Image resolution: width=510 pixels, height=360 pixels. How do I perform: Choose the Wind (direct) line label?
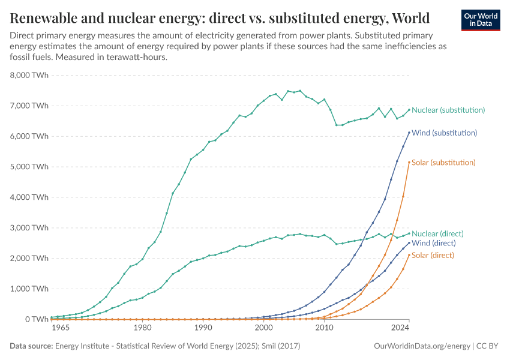(x=434, y=243)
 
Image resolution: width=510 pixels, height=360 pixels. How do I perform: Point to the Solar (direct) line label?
(x=433, y=255)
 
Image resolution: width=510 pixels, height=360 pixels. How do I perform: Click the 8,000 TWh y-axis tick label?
(x=29, y=76)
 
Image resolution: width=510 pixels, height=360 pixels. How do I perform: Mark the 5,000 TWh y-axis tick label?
(x=29, y=167)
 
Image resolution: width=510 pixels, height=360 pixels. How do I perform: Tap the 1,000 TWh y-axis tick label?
(x=29, y=289)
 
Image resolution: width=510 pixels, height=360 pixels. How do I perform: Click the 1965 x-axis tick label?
(x=61, y=328)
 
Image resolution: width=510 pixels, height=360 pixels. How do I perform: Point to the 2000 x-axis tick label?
(x=263, y=328)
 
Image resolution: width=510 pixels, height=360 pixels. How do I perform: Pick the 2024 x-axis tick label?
(x=400, y=328)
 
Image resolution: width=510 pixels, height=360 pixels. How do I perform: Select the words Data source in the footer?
(x=31, y=346)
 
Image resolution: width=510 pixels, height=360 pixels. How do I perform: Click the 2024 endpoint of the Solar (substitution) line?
(x=409, y=162)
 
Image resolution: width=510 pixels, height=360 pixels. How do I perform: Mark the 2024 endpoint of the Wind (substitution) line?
(x=409, y=133)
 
